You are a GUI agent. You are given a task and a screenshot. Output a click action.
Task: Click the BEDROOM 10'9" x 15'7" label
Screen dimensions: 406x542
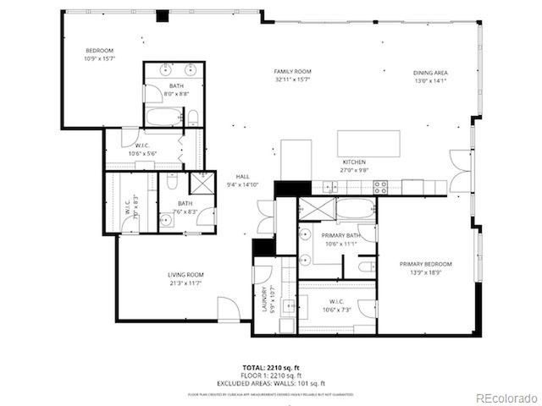(x=99, y=55)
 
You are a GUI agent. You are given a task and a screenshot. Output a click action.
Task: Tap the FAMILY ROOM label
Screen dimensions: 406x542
(x=293, y=75)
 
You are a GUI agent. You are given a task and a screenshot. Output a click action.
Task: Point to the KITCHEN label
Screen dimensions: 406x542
(x=354, y=165)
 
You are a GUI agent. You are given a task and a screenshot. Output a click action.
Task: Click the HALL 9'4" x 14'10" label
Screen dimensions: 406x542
(x=242, y=180)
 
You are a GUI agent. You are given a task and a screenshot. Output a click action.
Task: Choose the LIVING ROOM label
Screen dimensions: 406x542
(x=185, y=278)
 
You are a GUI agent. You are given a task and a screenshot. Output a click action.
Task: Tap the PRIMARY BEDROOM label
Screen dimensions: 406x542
(x=425, y=268)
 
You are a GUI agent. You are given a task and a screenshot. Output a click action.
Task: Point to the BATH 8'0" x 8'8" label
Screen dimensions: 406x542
(x=176, y=90)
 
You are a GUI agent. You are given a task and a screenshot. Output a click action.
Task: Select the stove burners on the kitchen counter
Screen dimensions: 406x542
(x=380, y=186)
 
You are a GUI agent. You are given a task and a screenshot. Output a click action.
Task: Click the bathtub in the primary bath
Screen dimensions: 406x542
(x=356, y=208)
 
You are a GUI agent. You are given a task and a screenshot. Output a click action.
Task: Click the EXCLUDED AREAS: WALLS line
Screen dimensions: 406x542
(x=270, y=383)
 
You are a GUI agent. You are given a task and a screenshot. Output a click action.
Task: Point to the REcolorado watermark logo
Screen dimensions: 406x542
(x=505, y=398)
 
